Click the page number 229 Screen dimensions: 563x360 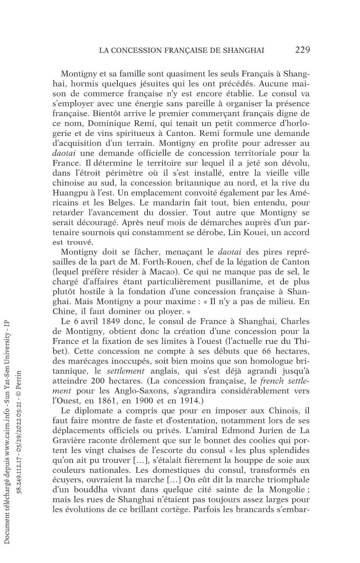302,50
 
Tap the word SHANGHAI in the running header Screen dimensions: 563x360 243,50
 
